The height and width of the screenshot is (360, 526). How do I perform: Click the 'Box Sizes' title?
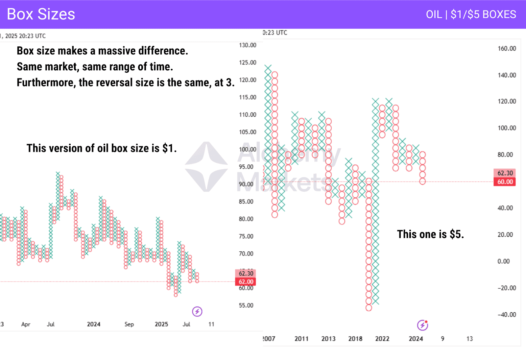click(x=41, y=14)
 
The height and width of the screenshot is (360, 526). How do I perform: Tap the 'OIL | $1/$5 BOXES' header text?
click(x=471, y=14)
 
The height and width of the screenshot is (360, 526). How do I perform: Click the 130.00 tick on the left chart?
click(x=248, y=45)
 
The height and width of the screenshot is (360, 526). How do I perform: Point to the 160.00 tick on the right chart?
click(x=507, y=49)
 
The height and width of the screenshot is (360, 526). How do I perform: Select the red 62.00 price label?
click(x=246, y=282)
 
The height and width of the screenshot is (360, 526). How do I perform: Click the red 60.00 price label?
click(x=505, y=182)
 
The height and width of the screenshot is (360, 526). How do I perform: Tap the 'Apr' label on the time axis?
click(x=26, y=324)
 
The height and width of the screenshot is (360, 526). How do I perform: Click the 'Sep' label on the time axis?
click(x=129, y=324)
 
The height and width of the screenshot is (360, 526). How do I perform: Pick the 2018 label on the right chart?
click(x=355, y=339)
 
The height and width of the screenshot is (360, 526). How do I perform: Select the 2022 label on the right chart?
click(x=382, y=339)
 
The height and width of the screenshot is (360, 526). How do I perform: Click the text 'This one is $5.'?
click(x=430, y=234)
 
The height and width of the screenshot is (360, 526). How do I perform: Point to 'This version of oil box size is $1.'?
click(x=102, y=148)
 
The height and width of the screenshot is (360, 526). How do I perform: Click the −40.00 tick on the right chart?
click(x=507, y=315)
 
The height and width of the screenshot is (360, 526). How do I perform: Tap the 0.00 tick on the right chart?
click(x=503, y=261)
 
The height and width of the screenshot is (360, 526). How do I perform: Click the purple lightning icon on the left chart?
click(x=197, y=311)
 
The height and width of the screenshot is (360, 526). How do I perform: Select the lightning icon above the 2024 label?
click(x=422, y=325)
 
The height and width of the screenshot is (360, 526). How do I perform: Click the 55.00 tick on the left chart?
click(x=246, y=305)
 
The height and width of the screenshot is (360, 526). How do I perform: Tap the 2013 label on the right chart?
click(x=328, y=339)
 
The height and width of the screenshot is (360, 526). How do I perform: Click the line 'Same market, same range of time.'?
click(x=95, y=67)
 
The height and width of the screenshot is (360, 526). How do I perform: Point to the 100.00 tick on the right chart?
click(x=507, y=128)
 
